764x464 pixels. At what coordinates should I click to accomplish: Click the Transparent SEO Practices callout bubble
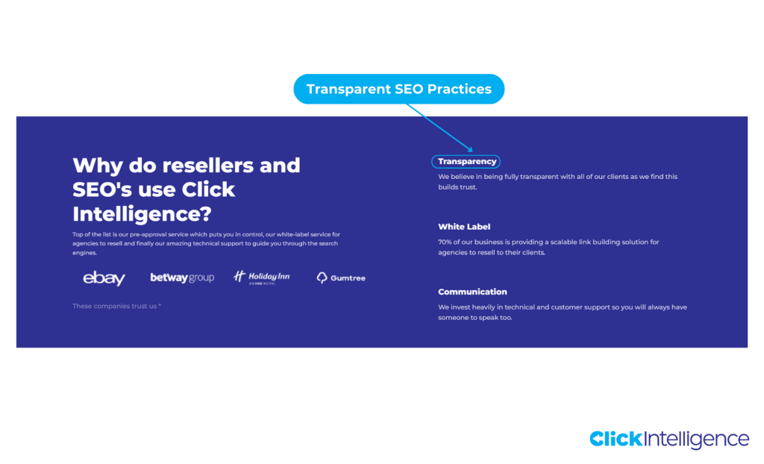tap(398, 90)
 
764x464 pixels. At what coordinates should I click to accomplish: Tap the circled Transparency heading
tap(466, 161)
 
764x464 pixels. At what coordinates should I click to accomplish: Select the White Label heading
tap(464, 227)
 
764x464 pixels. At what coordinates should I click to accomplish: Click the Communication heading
tap(472, 292)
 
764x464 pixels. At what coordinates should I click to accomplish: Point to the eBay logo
tap(104, 278)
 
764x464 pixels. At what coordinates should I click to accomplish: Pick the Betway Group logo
tap(182, 278)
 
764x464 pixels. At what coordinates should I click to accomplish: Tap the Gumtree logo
tap(341, 278)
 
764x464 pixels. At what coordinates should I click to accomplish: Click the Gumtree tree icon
tap(322, 278)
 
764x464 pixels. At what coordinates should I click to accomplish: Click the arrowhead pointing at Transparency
tap(471, 150)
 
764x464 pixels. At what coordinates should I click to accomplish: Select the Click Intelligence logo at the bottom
tap(668, 439)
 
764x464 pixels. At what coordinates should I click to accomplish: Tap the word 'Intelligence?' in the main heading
tap(142, 214)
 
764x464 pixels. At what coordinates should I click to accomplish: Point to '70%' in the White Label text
tap(445, 242)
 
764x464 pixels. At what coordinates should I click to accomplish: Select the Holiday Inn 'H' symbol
tap(239, 277)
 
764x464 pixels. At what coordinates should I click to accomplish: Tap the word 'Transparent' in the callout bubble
tap(348, 90)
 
